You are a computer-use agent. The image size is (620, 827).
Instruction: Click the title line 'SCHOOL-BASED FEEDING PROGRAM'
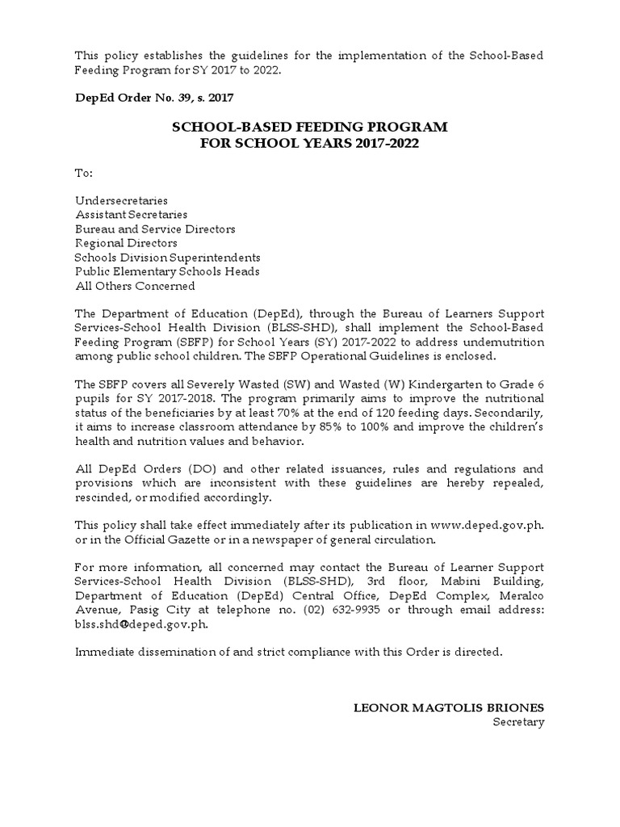point(308,128)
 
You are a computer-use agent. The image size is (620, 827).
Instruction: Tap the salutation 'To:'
point(84,173)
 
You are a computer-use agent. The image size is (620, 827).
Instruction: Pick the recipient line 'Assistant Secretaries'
point(132,215)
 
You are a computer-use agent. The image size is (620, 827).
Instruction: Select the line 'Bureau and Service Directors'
point(155,229)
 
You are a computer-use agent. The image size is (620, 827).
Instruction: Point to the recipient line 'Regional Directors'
point(126,243)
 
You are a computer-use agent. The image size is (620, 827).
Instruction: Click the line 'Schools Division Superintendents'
point(168,258)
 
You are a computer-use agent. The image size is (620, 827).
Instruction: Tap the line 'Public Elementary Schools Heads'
point(167,271)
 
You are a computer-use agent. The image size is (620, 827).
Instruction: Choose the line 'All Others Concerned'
point(135,286)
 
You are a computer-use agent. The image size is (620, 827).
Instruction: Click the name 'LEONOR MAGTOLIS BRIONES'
point(450,707)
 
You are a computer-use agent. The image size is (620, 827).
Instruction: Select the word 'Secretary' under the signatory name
point(518,722)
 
